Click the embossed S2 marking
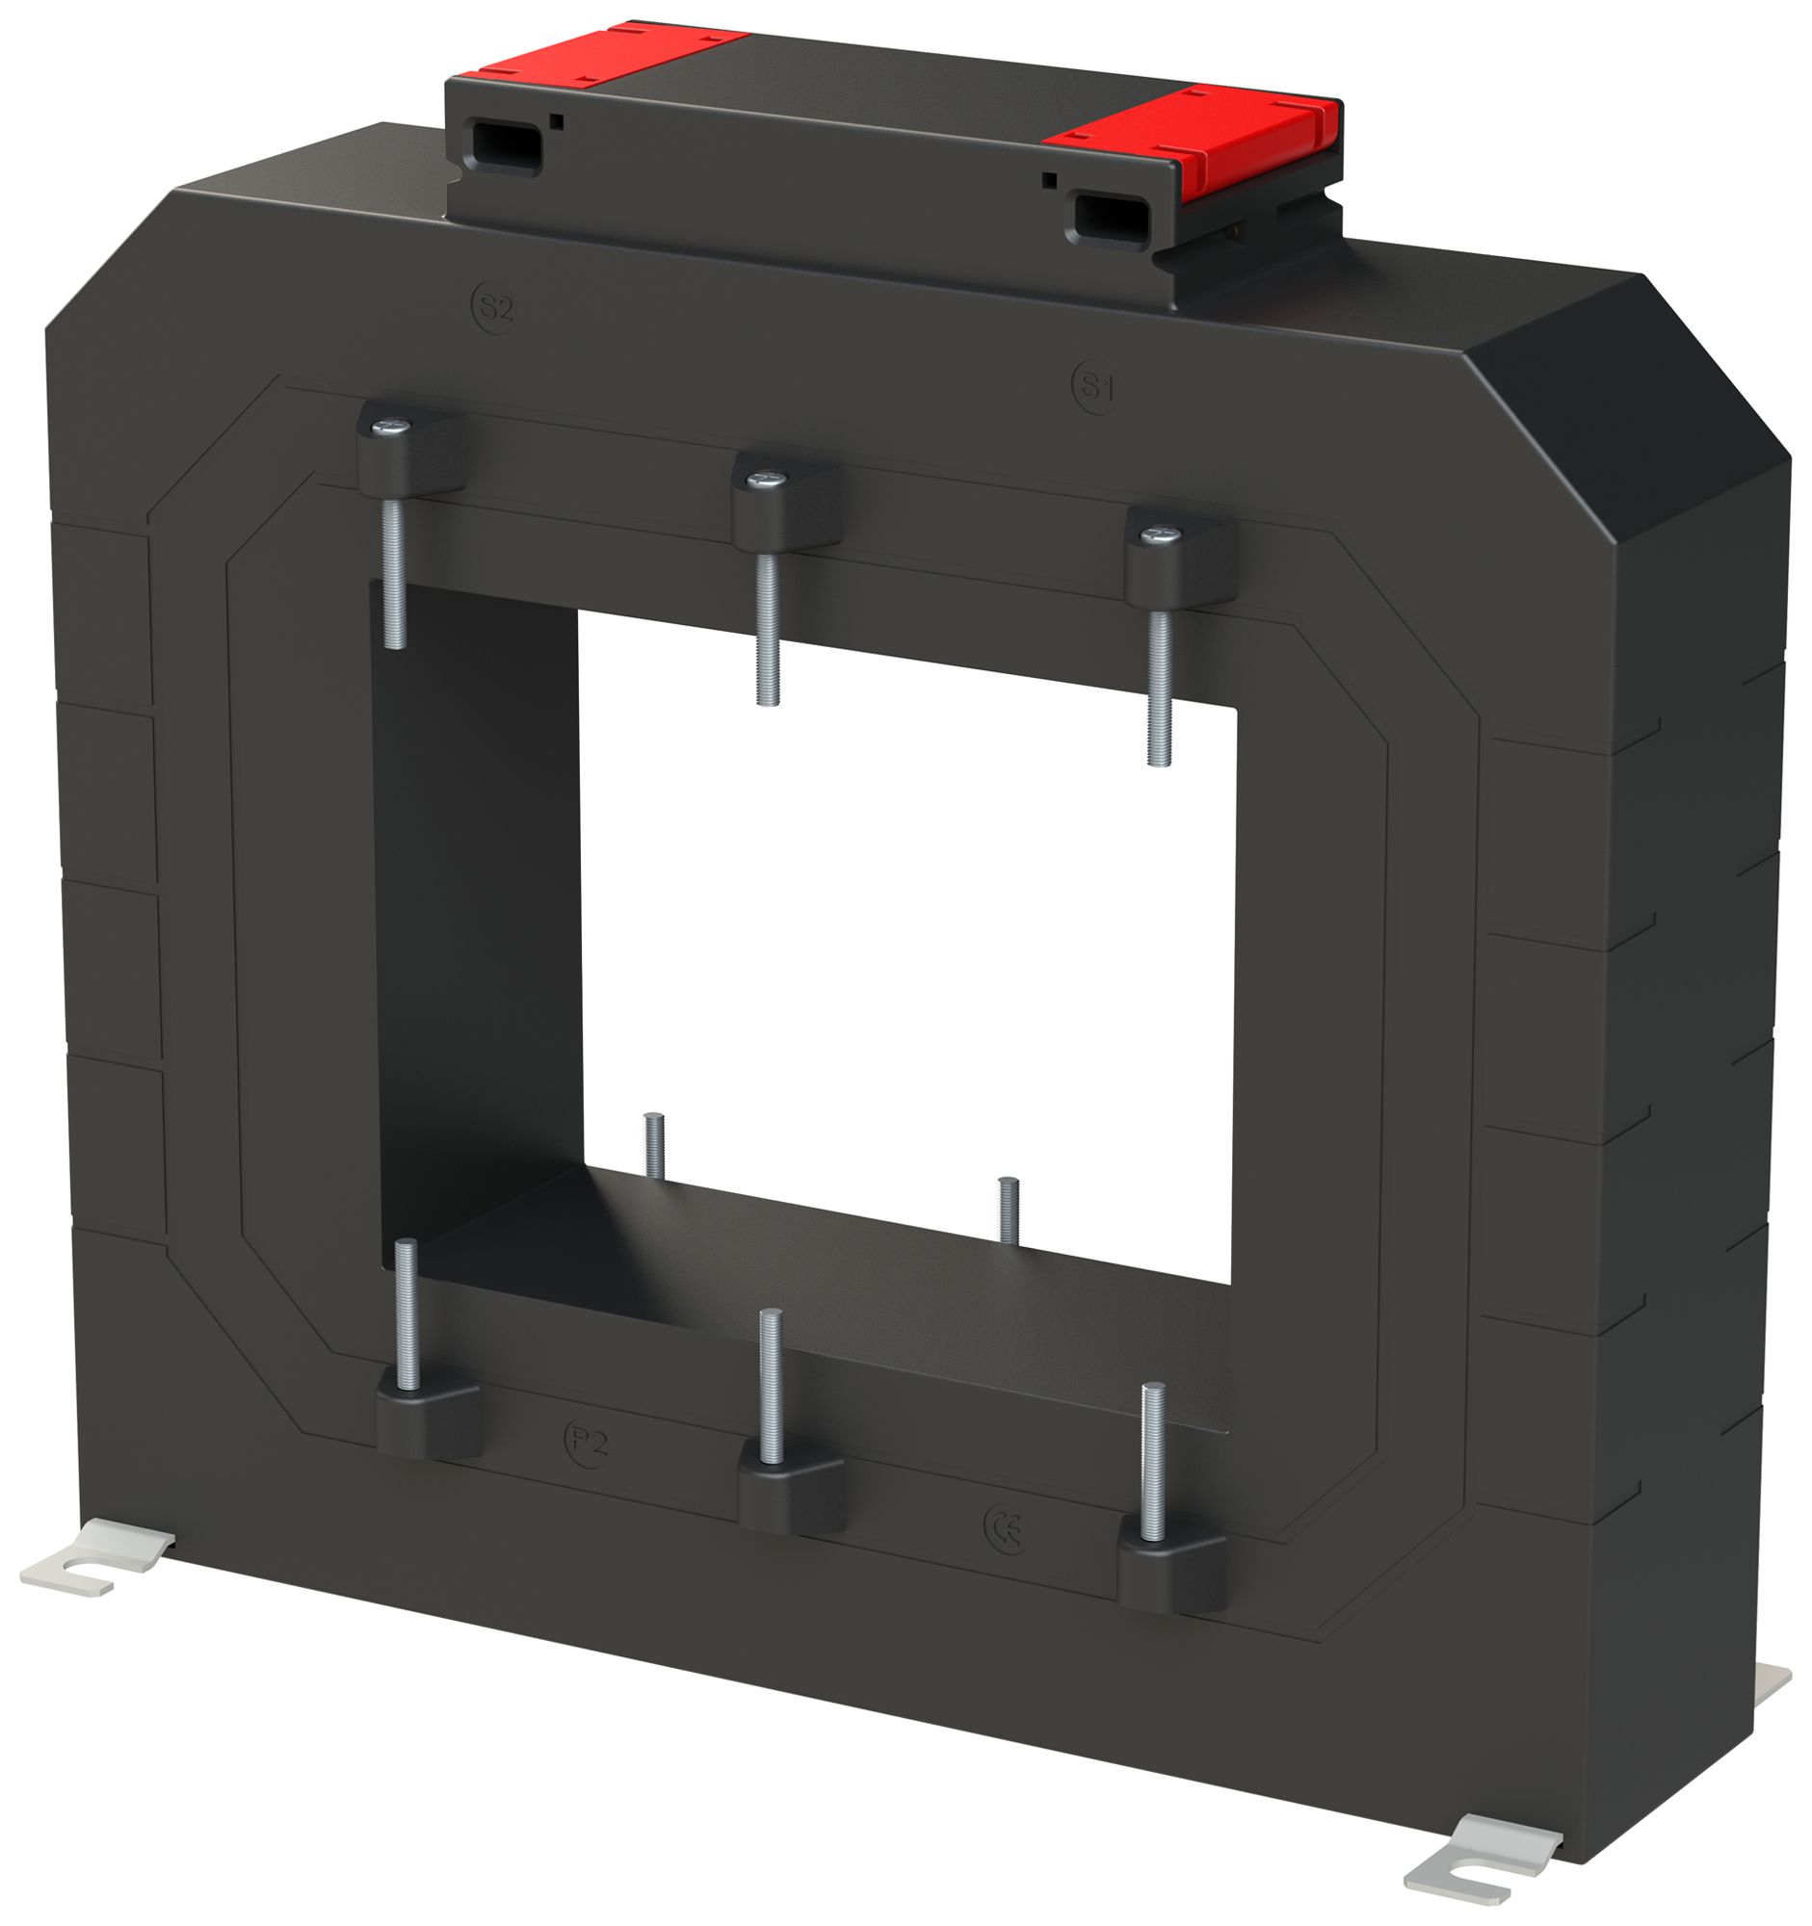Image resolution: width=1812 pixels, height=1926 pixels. click(x=494, y=308)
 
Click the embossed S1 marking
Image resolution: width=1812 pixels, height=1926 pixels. click(x=1096, y=387)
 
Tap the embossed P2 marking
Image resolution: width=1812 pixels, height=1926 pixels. click(x=588, y=1443)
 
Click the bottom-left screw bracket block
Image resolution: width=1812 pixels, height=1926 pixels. click(x=427, y=1419)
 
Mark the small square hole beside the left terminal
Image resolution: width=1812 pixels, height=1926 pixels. click(x=556, y=121)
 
